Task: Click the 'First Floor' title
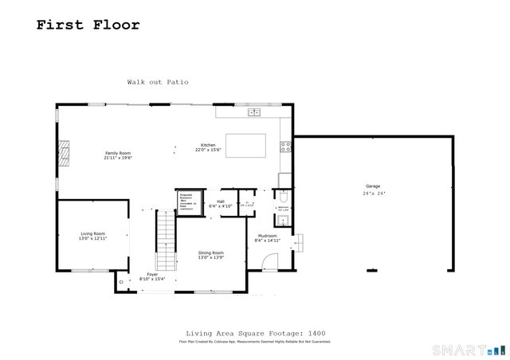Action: [x=88, y=25]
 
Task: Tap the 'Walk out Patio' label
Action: [x=158, y=82]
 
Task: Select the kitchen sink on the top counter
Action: [x=254, y=112]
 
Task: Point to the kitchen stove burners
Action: [x=284, y=147]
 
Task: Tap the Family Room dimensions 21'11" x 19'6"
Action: [x=117, y=158]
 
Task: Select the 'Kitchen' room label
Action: [x=208, y=145]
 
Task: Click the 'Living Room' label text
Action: [x=92, y=233]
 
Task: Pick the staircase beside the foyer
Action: [x=166, y=242]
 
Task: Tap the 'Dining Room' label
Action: [x=210, y=252]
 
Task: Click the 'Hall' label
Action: [x=220, y=202]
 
